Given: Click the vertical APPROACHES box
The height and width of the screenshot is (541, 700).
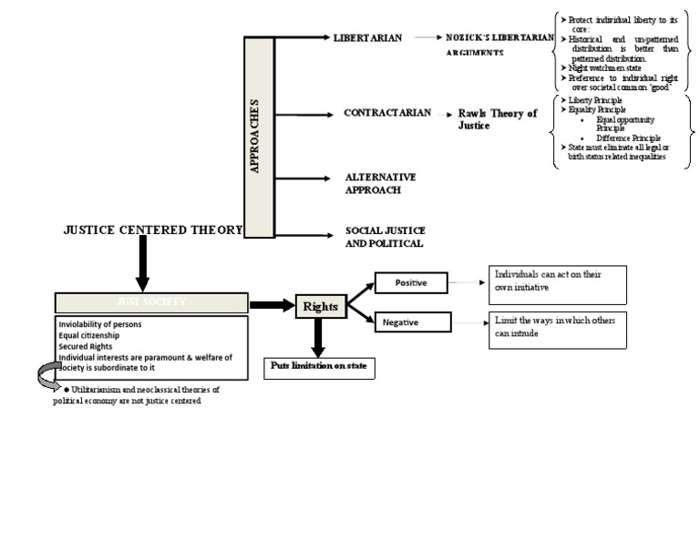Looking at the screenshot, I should click(x=259, y=137).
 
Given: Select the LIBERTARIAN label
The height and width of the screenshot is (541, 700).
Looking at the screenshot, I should click(x=368, y=39).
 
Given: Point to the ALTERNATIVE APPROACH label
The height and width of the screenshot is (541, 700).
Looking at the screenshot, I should click(x=381, y=183).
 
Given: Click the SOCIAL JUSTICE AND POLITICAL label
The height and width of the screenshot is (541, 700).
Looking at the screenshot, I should click(x=385, y=237).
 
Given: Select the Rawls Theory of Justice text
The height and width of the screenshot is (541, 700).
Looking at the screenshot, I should click(x=497, y=119).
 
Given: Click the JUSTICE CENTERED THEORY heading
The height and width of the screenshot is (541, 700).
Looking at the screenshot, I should click(x=153, y=230).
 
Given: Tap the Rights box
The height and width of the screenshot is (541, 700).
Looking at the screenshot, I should click(x=320, y=307).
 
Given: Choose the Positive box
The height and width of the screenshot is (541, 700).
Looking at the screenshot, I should click(x=414, y=283).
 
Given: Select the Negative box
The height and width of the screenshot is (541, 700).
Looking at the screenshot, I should click(x=414, y=323).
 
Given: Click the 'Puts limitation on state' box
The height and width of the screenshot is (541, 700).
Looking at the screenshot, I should click(x=319, y=367).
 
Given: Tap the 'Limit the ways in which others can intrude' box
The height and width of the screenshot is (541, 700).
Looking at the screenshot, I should click(x=559, y=332).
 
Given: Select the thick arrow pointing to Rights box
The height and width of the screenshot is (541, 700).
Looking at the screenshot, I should click(x=272, y=304).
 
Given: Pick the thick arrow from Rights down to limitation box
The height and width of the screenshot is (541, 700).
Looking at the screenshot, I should click(x=318, y=337).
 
